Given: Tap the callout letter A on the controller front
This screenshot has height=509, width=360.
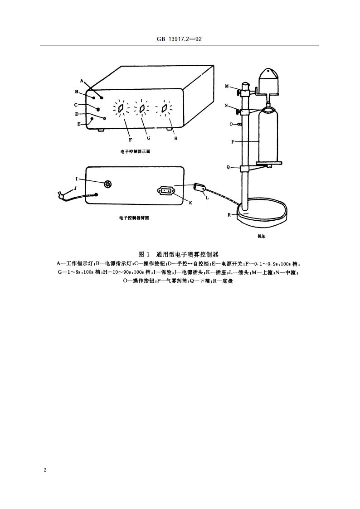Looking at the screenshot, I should click(x=82, y=81).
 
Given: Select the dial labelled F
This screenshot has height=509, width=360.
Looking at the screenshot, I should click(x=121, y=109).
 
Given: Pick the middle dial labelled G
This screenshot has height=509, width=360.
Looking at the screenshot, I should click(x=142, y=109).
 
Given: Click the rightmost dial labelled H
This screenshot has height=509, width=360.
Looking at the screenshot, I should click(x=164, y=109).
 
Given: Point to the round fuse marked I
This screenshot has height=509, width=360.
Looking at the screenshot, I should click(x=108, y=184).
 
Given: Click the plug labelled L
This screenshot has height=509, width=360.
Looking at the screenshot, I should click(x=200, y=187).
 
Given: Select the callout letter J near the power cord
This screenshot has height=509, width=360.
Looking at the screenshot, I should click(x=76, y=187).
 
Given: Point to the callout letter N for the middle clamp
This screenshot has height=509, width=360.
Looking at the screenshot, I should click(x=227, y=105).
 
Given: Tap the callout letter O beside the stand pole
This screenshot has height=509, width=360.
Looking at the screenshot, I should click(x=231, y=124).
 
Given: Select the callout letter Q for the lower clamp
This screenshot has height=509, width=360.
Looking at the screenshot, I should click(x=228, y=167).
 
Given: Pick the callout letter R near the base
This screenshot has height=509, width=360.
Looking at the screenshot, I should click(x=230, y=215).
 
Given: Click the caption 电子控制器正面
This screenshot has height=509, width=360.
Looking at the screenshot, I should click(x=136, y=151).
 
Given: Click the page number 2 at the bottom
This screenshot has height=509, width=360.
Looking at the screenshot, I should click(x=45, y=470).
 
